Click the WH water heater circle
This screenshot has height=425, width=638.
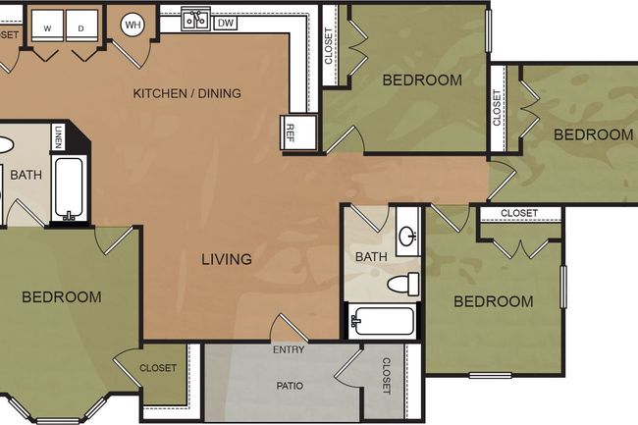133,25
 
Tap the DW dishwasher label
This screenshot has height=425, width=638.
226,22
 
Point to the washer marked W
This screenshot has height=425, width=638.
47,28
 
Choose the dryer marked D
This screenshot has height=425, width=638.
80,28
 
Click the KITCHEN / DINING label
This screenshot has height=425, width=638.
186,94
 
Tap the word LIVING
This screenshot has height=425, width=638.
227,260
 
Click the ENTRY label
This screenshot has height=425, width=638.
289,349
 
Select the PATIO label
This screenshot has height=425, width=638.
289,386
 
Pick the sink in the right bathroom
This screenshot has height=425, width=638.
407,236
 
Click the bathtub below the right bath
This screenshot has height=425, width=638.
383,321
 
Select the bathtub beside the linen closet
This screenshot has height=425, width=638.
68,189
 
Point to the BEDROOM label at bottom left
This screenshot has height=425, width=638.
61,296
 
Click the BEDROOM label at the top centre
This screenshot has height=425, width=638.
422,80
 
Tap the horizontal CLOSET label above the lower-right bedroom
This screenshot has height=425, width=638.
519,214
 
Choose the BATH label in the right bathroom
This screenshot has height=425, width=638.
371,257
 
